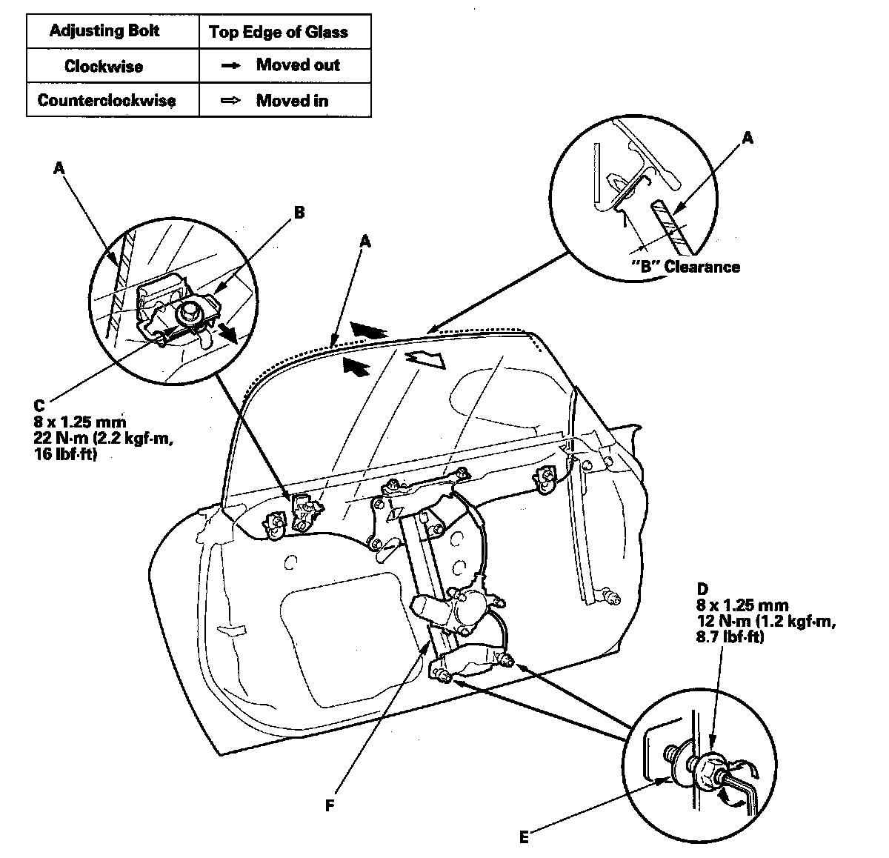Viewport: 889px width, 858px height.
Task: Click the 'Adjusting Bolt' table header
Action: tap(104, 31)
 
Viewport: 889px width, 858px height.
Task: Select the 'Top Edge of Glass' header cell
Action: tap(278, 32)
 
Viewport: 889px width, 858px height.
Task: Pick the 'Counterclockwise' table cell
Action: tap(107, 100)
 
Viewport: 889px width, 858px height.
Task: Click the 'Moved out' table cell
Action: tap(297, 64)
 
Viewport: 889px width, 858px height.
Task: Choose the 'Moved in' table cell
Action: tap(292, 100)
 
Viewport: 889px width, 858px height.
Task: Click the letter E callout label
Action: tap(523, 838)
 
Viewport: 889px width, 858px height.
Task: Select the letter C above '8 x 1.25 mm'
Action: tap(39, 407)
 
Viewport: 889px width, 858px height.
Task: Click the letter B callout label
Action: tap(299, 213)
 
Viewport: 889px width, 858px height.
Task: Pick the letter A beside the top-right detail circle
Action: tap(748, 137)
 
